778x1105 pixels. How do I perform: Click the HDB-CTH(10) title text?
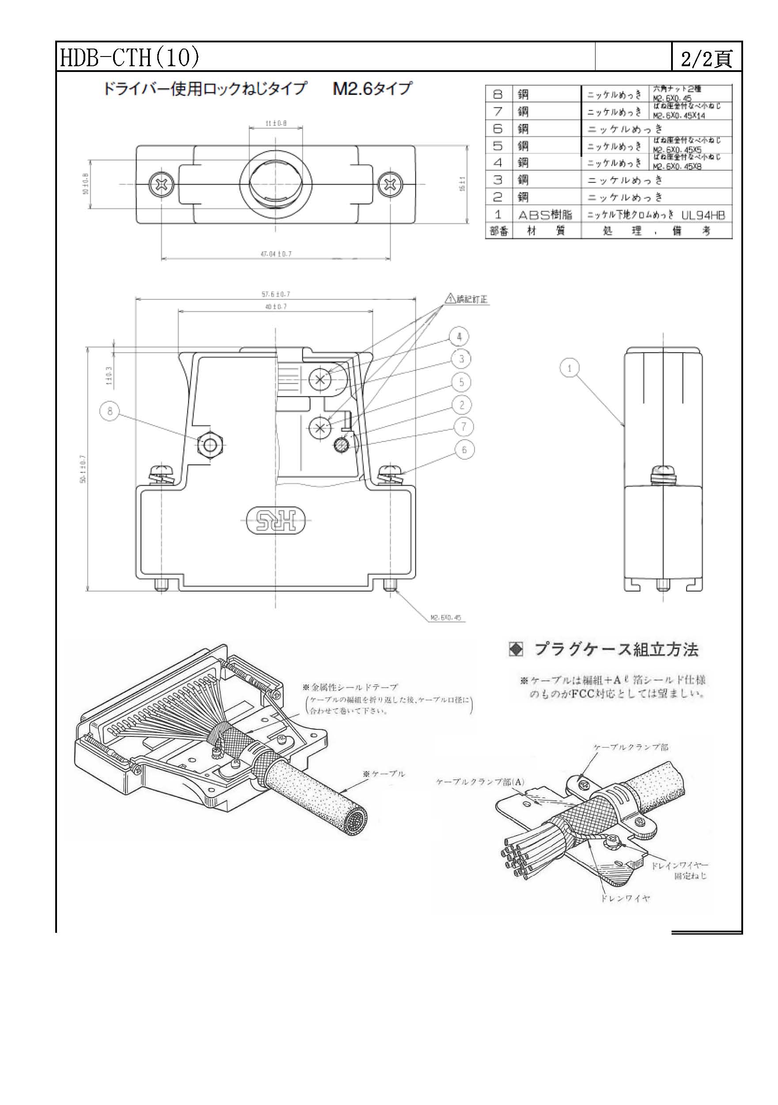(x=129, y=58)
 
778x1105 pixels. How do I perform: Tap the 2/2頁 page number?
(x=706, y=59)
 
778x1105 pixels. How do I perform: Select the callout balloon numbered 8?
(x=110, y=411)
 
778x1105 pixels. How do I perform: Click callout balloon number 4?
(x=459, y=336)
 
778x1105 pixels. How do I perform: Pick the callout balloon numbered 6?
(x=464, y=449)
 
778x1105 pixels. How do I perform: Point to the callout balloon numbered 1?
(x=570, y=368)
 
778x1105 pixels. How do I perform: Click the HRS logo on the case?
(x=276, y=520)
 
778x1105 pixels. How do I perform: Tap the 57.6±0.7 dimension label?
(x=276, y=294)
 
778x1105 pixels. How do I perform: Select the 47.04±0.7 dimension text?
(x=276, y=254)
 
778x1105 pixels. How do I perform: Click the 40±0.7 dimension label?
(x=276, y=306)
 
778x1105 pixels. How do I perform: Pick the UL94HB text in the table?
(x=703, y=215)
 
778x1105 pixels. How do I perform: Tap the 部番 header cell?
(x=499, y=231)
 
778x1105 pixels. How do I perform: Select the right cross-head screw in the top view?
(x=388, y=184)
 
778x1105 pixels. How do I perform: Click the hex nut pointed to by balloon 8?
(x=210, y=445)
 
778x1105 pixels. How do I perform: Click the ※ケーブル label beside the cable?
(x=384, y=774)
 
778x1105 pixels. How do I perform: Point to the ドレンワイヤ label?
(x=625, y=898)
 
